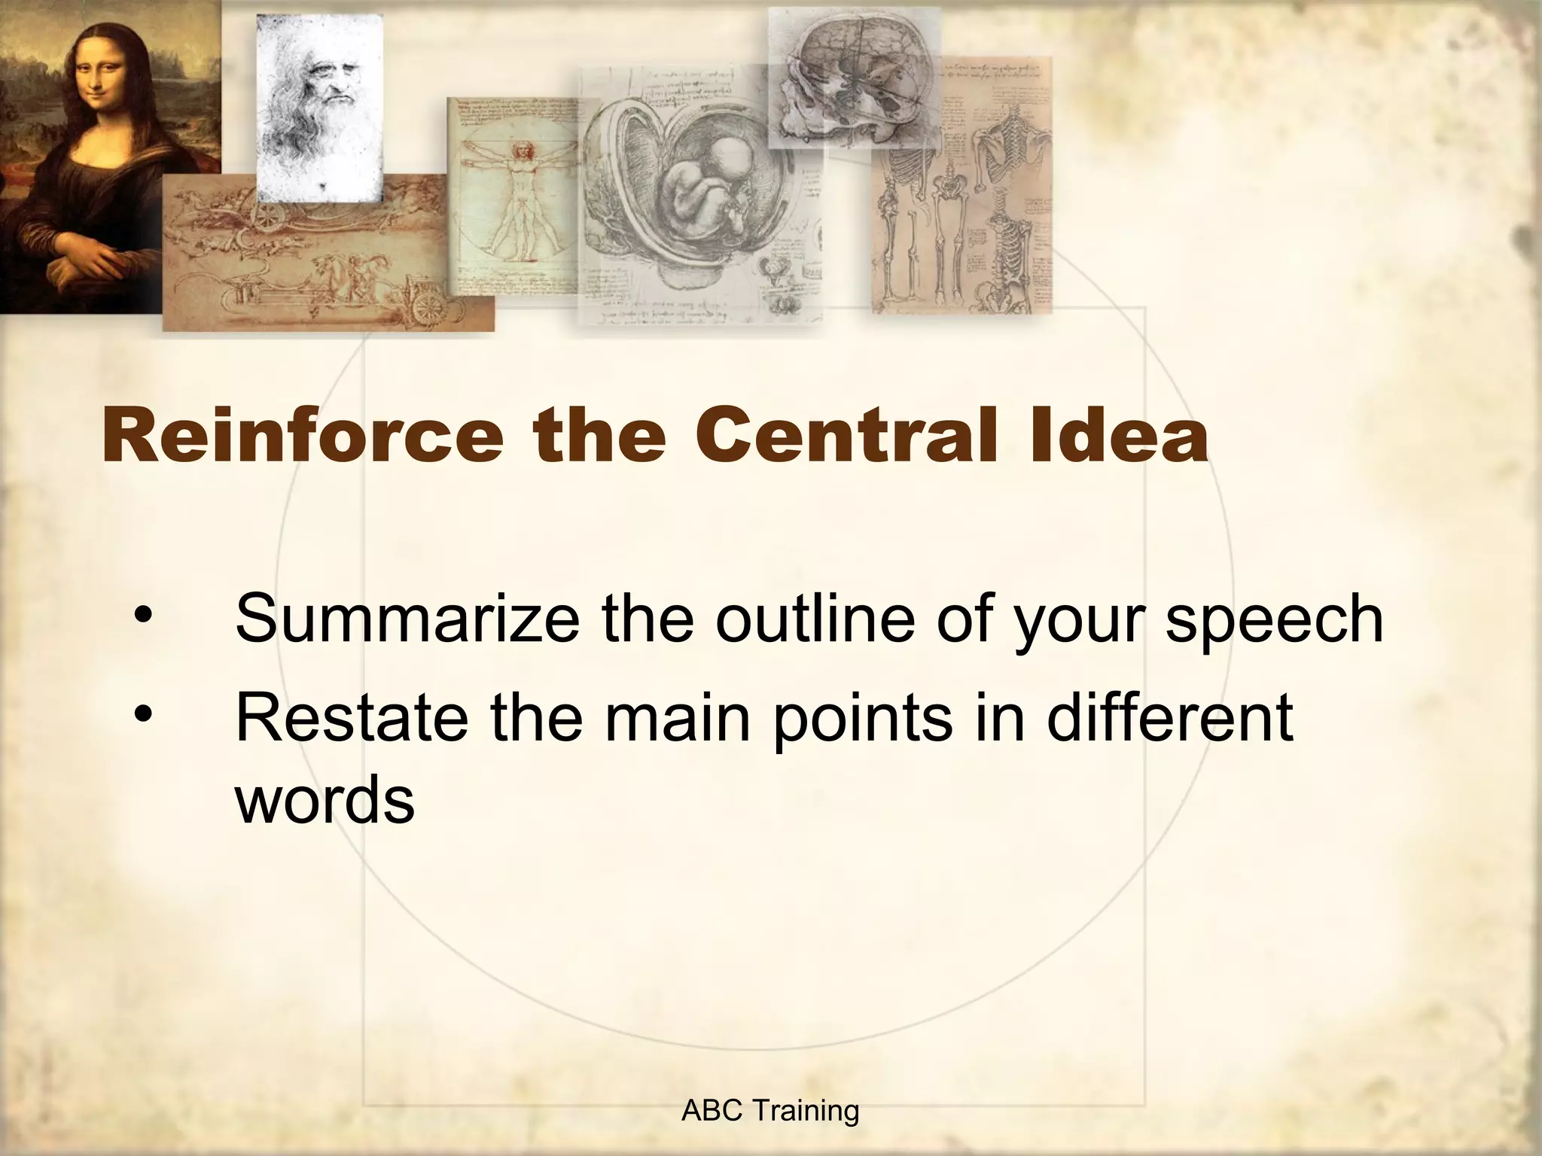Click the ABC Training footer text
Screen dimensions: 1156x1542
(x=769, y=1110)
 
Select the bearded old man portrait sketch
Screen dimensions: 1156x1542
(x=320, y=105)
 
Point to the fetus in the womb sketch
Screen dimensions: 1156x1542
(x=708, y=188)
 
